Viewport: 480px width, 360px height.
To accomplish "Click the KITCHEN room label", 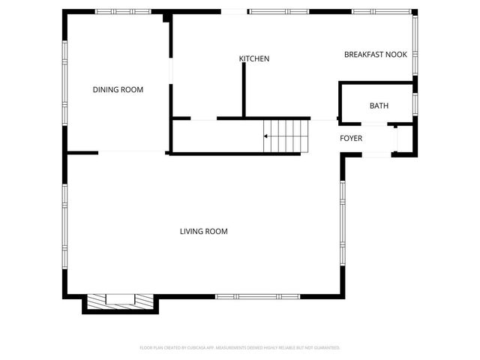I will point(254,58).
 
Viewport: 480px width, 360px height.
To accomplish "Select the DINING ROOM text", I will point(118,90).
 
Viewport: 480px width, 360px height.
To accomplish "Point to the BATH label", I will point(379,106).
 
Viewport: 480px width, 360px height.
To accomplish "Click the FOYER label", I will point(351,139).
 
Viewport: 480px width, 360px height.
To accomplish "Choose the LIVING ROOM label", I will point(203,232).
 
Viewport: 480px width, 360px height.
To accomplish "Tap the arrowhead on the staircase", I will point(265,136).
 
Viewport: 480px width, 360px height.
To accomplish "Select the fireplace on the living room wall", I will point(120,300).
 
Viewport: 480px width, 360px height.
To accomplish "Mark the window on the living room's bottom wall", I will point(257,296).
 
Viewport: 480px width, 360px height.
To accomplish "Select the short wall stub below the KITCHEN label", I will point(244,90).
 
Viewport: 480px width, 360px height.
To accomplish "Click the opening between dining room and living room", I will point(131,153).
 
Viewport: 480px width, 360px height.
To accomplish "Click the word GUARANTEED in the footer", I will point(323,348).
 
